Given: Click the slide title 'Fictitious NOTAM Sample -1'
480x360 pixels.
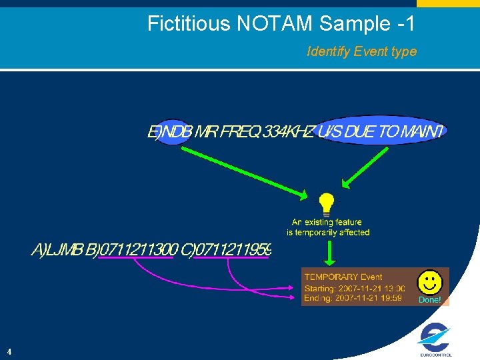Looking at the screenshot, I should pos(281,24).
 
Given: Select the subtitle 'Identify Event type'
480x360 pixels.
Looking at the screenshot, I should pos(361,51).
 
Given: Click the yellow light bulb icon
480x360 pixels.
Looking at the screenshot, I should pos(326,203).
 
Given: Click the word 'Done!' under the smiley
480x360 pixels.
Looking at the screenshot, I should pos(429,300).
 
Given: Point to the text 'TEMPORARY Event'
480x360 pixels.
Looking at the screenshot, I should pos(343,277).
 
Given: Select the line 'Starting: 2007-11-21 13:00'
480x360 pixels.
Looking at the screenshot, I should pos(354,289).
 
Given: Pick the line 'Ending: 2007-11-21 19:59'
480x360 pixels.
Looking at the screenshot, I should pos(353,299).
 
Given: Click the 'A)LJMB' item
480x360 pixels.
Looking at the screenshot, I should pos(57,251).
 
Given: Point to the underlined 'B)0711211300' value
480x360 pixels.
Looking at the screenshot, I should pos(137,251).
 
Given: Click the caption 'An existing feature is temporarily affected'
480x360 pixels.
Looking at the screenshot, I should pos(327,227).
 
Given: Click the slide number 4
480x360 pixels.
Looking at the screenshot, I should pos(9,351).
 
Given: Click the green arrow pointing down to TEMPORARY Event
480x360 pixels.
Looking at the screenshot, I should pos(328,253).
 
